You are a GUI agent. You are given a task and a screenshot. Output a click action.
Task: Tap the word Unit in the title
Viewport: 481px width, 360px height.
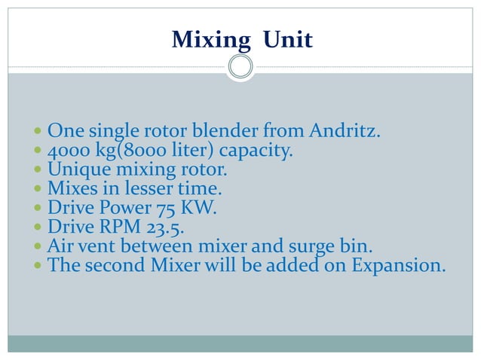click(x=286, y=39)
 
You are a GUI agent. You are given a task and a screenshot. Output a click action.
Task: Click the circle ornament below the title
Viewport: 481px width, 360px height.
click(x=240, y=67)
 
